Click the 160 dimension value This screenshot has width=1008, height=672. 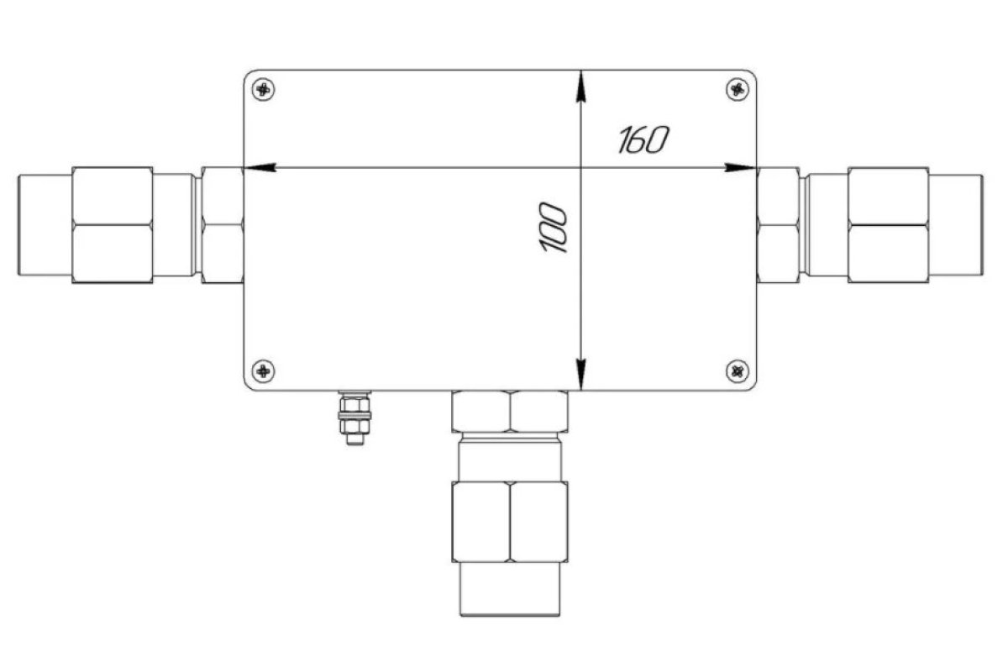pyautogui.click(x=644, y=139)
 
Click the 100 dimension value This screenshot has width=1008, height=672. pyautogui.click(x=553, y=228)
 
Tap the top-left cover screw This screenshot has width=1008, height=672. pyautogui.click(x=263, y=90)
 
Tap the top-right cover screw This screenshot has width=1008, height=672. pyautogui.click(x=738, y=90)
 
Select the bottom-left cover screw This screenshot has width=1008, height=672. pyautogui.click(x=263, y=371)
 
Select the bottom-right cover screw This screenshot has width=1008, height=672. pyautogui.click(x=738, y=371)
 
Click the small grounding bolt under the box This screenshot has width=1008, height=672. pyautogui.click(x=354, y=417)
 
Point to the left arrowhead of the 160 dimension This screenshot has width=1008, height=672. pyautogui.click(x=260, y=167)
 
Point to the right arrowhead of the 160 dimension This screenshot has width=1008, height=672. pyautogui.click(x=740, y=167)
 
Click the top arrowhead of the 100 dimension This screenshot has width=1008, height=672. pyautogui.click(x=581, y=87)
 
